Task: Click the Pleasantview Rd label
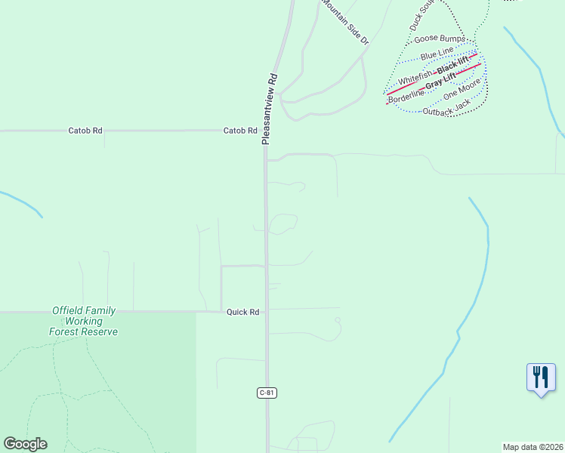tap(270, 109)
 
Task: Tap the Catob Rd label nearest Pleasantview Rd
tap(240, 131)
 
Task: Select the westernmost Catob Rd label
tap(85, 131)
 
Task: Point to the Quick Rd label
tap(242, 312)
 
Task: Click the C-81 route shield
tap(265, 393)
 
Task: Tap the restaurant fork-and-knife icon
tap(541, 377)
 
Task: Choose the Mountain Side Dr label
tap(345, 23)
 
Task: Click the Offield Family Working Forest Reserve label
tap(84, 321)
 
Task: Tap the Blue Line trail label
tap(437, 54)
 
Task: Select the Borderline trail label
tap(406, 96)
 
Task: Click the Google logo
tap(25, 444)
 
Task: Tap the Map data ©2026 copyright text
tap(533, 447)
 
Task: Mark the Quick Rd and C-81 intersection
tap(266, 311)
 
